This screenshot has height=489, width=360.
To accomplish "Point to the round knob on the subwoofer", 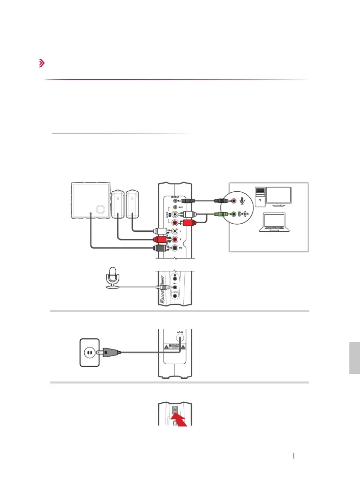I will [x=100, y=208].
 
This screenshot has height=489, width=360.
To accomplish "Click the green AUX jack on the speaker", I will [x=175, y=207].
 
